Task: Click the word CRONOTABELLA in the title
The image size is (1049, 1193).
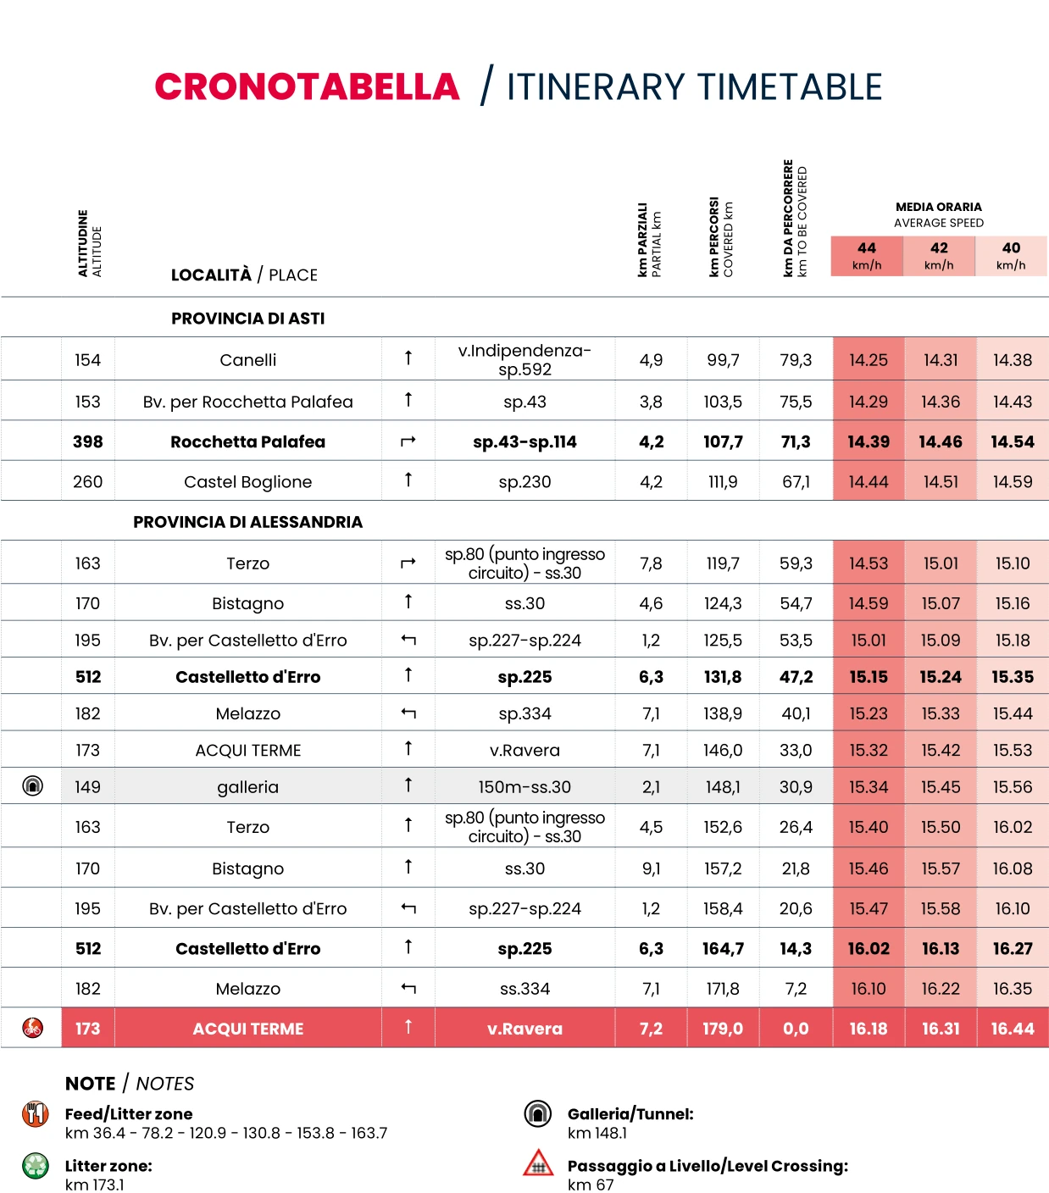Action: [307, 87]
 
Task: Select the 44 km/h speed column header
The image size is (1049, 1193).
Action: [867, 255]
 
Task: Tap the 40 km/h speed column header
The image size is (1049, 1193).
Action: [1011, 255]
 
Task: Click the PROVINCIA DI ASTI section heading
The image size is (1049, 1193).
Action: [247, 319]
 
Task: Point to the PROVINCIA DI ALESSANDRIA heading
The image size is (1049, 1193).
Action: [247, 522]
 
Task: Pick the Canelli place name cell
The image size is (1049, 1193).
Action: [247, 360]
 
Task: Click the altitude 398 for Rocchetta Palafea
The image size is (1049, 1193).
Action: [87, 441]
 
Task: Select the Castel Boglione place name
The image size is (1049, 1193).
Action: [247, 482]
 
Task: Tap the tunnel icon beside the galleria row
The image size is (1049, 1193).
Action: [32, 786]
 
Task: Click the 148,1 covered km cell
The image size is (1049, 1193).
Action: [723, 787]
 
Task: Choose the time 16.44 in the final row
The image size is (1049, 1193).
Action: [1013, 1029]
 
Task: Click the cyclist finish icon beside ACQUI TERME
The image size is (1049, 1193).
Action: [32, 1028]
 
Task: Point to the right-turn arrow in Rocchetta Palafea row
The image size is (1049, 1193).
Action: [408, 441]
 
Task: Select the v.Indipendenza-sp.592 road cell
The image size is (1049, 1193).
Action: [524, 360]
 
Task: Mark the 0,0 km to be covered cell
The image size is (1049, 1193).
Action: [796, 1029]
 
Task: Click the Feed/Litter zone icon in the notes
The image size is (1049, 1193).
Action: [36, 1114]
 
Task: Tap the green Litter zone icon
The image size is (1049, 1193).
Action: [36, 1166]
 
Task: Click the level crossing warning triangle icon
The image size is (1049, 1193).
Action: [538, 1164]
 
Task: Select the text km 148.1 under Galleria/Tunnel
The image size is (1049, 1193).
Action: [597, 1133]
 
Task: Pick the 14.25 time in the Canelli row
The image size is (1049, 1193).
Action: [869, 360]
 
